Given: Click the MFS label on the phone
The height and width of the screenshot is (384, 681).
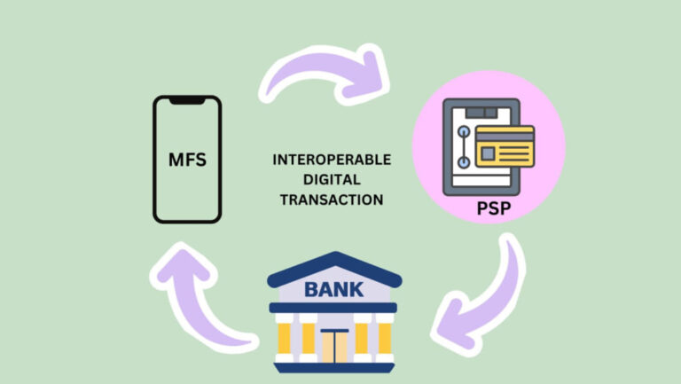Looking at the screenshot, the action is click(x=187, y=160).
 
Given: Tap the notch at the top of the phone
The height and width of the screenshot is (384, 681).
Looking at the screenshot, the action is click(x=187, y=101).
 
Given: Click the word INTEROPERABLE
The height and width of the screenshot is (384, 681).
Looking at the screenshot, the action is click(x=332, y=160).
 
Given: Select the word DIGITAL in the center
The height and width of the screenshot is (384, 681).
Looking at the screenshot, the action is click(x=332, y=179).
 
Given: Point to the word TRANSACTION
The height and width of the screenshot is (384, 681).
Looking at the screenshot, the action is click(x=332, y=200).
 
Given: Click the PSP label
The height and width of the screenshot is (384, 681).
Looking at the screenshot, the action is click(x=493, y=208).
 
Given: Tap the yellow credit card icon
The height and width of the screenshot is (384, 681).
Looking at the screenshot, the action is click(x=505, y=146).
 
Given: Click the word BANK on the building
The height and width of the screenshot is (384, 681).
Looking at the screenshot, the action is click(x=333, y=289).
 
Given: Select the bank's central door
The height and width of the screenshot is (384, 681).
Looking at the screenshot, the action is click(x=334, y=346).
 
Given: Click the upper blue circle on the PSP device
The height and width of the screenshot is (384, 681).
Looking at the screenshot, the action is click(x=464, y=131).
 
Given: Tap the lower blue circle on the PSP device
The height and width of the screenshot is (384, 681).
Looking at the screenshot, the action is click(x=464, y=162).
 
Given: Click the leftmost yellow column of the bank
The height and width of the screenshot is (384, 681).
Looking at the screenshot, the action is click(x=284, y=338).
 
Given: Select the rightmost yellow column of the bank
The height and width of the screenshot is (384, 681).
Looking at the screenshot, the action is click(x=385, y=338).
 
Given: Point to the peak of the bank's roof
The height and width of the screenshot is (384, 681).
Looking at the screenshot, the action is click(x=335, y=253).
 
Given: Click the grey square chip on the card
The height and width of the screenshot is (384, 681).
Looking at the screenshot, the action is click(x=488, y=153).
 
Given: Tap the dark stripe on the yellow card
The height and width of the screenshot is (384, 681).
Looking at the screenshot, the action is click(x=505, y=137).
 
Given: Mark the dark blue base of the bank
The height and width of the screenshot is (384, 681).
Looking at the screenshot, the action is click(x=334, y=368).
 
